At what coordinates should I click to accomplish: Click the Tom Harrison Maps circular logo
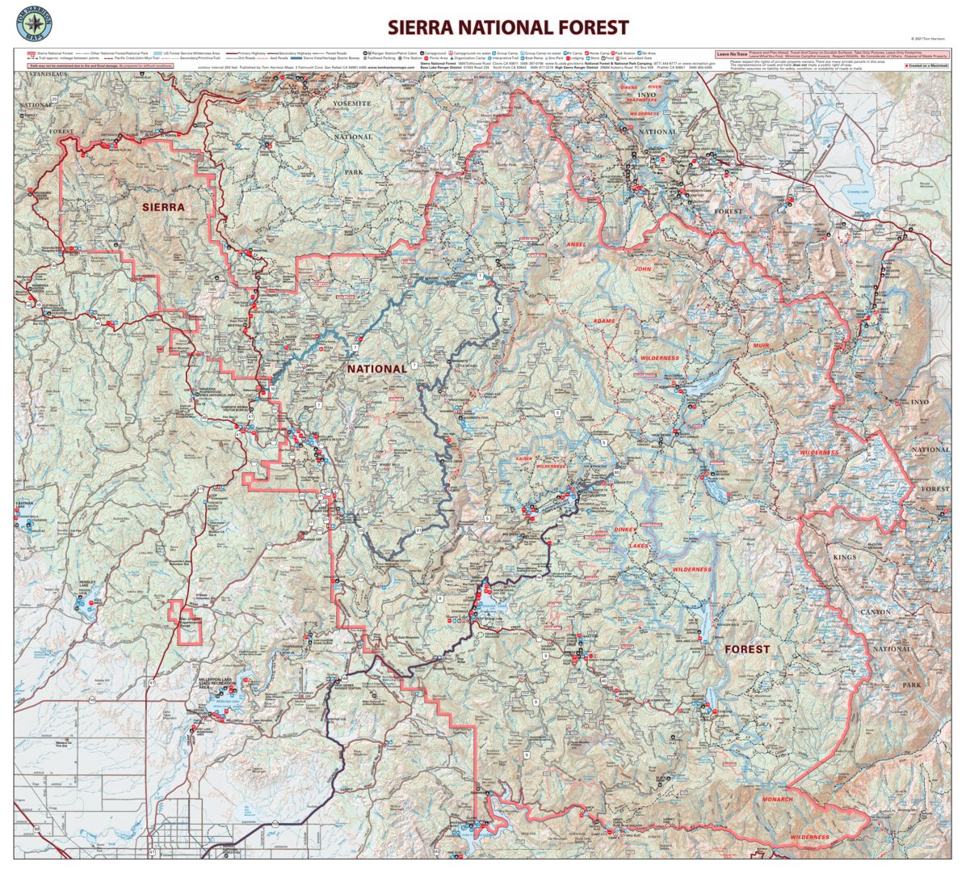click(x=33, y=23)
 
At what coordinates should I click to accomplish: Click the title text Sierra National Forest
click(x=507, y=27)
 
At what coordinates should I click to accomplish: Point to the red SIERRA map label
click(x=163, y=207)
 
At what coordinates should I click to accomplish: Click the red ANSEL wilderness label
click(x=577, y=244)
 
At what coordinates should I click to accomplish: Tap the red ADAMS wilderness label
click(x=603, y=321)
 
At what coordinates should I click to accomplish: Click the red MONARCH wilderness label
click(x=777, y=799)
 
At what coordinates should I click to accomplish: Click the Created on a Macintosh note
click(x=926, y=65)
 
